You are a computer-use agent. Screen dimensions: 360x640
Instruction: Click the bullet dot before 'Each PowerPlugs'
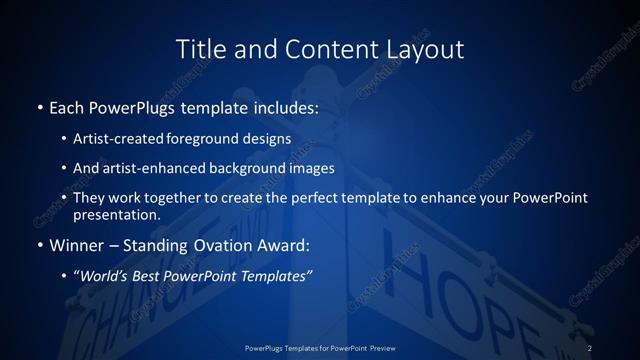tap(39, 107)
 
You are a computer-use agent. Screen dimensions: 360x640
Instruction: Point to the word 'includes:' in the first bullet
tap(286, 107)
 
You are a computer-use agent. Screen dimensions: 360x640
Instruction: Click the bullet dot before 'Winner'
tap(39, 246)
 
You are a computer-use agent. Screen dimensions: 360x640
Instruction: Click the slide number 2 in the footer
tap(590, 347)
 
